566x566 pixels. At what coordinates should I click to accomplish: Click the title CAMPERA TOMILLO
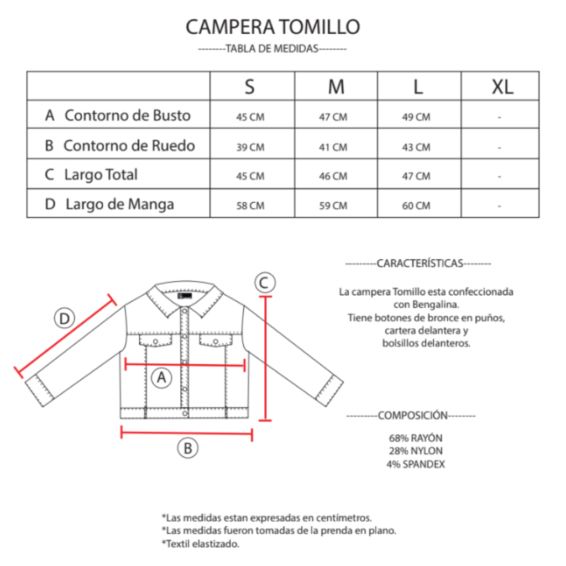pyautogui.click(x=273, y=27)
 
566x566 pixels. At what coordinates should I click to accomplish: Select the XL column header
pyautogui.click(x=502, y=87)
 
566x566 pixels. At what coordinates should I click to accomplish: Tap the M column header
pyautogui.click(x=336, y=87)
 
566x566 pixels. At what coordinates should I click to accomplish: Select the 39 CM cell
pyautogui.click(x=250, y=147)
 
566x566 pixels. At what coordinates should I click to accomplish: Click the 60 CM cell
pyautogui.click(x=416, y=206)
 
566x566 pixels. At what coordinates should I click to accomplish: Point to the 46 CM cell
pyautogui.click(x=333, y=176)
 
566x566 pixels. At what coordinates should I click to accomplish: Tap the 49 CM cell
pyautogui.click(x=416, y=117)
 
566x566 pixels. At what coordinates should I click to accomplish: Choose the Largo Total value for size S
pyautogui.click(x=250, y=176)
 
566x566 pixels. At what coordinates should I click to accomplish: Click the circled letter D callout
pyautogui.click(x=64, y=318)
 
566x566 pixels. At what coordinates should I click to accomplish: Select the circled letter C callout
pyautogui.click(x=265, y=282)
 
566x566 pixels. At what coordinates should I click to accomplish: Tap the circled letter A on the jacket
pyautogui.click(x=161, y=378)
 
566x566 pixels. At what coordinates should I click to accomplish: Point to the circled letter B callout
pyautogui.click(x=188, y=448)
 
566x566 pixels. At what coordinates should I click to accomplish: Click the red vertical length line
pyautogui.click(x=266, y=358)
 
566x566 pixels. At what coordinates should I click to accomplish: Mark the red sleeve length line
pyautogui.click(x=65, y=336)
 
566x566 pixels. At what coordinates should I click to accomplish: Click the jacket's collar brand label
pyautogui.click(x=185, y=296)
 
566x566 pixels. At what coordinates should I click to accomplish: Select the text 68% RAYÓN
pyautogui.click(x=416, y=438)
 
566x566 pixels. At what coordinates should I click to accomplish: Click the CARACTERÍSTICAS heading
pyautogui.click(x=420, y=264)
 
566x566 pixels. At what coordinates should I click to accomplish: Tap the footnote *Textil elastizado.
pyautogui.click(x=201, y=544)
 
